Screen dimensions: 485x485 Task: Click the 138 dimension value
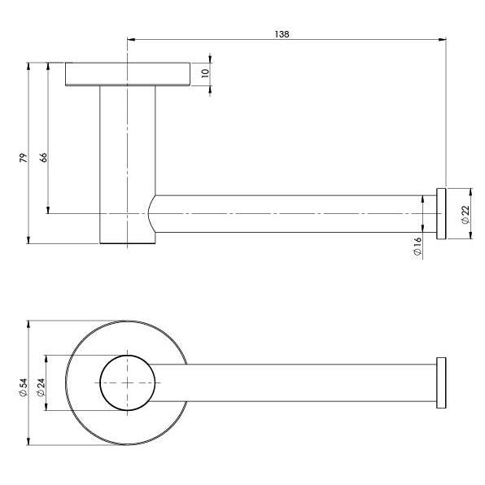click(x=282, y=34)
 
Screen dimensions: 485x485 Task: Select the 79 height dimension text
click(x=24, y=156)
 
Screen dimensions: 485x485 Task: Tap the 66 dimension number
click(x=43, y=156)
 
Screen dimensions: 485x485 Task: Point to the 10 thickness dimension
click(x=206, y=72)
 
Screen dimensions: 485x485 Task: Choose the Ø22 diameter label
click(x=465, y=215)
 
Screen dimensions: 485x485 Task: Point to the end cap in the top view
click(x=442, y=382)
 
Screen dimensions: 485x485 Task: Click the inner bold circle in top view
click(x=127, y=382)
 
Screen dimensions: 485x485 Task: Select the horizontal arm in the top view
click(x=309, y=382)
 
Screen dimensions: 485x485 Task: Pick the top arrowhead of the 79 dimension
click(x=29, y=64)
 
